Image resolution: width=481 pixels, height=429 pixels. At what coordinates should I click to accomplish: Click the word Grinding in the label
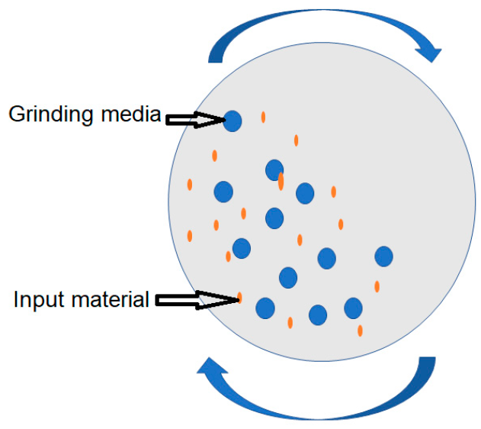[x=53, y=115]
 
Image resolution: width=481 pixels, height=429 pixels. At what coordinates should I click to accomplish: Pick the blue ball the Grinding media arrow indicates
[x=232, y=120]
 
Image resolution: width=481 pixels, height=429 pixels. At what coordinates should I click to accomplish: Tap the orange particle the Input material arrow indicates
[x=239, y=297]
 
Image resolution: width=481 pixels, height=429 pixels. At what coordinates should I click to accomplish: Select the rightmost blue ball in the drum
[x=383, y=256]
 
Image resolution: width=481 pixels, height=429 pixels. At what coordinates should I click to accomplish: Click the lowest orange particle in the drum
[x=360, y=331]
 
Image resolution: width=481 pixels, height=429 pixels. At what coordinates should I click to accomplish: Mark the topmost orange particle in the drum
[x=263, y=117]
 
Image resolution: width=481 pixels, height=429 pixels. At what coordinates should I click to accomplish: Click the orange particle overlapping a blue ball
[x=281, y=181]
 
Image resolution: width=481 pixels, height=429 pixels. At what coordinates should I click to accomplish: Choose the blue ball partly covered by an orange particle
[x=274, y=169]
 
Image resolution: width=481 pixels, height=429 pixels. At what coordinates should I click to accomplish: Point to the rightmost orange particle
[x=377, y=286]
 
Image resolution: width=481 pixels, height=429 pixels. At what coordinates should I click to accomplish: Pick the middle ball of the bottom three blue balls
[x=317, y=314]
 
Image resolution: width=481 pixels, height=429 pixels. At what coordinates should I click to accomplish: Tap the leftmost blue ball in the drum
[x=223, y=192]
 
